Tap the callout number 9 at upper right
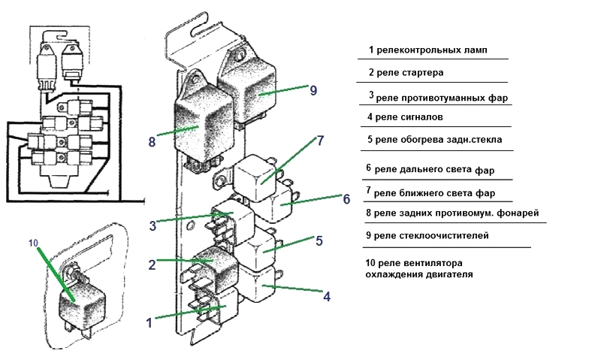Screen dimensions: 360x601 313,90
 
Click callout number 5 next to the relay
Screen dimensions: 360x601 319,241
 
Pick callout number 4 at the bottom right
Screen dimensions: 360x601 326,296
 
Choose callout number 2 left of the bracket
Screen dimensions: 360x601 152,265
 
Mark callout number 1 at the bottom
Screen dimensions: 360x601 149,322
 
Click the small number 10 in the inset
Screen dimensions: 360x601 32,243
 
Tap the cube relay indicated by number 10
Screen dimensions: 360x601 80,305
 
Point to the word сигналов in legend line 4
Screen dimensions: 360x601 421,117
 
